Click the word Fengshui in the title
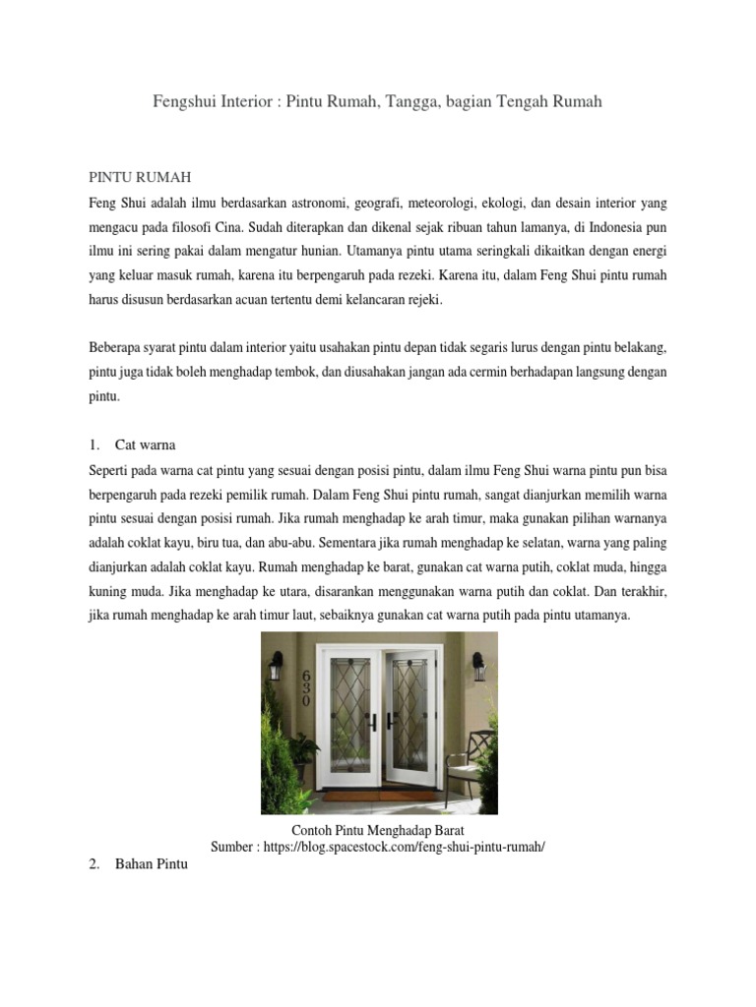pyautogui.click(x=186, y=101)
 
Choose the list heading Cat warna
pyautogui.click(x=145, y=444)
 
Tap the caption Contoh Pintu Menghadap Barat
pyautogui.click(x=378, y=831)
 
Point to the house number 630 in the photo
pyautogui.click(x=305, y=688)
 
